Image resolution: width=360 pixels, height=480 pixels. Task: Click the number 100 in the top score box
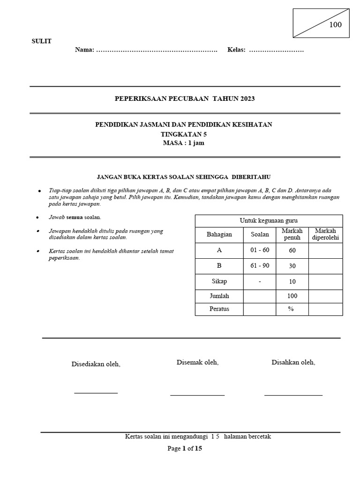[x=335, y=25]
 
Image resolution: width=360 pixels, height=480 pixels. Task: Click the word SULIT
[x=41, y=41]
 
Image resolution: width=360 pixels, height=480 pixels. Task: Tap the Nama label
[x=84, y=50]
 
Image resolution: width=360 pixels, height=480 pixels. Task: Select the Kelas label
[x=236, y=50]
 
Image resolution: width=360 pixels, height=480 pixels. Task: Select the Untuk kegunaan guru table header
[x=269, y=220]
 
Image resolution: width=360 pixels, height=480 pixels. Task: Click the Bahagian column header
[x=219, y=234]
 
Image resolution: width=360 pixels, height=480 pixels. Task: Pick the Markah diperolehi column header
[x=325, y=234]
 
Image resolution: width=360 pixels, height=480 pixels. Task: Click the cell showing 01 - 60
[x=260, y=250]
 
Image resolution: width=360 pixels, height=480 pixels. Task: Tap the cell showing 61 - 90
[x=260, y=266]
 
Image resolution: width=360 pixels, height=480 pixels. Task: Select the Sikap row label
[x=219, y=281]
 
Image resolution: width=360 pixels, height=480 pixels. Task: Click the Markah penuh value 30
[x=292, y=266]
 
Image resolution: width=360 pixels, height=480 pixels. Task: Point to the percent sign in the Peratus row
[x=291, y=309]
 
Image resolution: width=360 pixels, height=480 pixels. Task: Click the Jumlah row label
[x=219, y=296]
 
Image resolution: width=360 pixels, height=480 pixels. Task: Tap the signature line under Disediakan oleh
[x=96, y=393]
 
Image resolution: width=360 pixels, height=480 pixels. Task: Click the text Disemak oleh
[x=197, y=362]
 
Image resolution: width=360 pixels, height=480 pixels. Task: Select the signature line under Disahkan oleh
[x=293, y=395]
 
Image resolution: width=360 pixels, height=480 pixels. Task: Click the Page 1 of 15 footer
[x=185, y=448]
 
